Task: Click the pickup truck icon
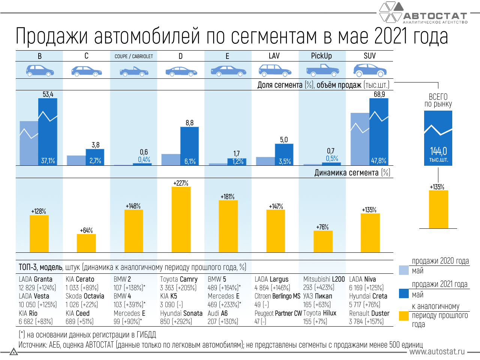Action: (322, 70)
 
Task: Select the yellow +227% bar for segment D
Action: (181, 219)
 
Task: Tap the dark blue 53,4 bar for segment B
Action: (48, 131)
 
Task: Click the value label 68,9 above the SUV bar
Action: (379, 94)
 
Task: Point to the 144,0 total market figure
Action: (438, 151)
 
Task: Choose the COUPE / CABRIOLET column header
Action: (133, 56)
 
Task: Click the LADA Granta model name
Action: (36, 279)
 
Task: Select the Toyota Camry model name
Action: (178, 279)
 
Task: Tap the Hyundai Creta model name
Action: (368, 296)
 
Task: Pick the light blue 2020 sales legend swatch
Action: (404, 270)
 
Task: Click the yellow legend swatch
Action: (404, 316)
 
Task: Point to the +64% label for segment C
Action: (86, 230)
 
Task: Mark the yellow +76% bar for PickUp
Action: (323, 241)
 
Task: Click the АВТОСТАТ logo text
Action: (435, 16)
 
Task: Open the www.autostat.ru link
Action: (437, 352)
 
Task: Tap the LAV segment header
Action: (274, 56)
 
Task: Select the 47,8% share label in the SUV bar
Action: (378, 161)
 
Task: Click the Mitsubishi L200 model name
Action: (324, 279)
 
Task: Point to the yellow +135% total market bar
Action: (438, 209)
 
